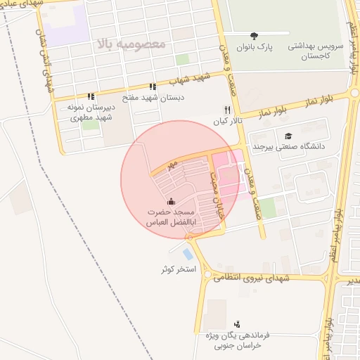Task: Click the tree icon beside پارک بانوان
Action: click(254, 35)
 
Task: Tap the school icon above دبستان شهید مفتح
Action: click(153, 86)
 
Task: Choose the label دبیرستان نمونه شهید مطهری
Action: click(90, 113)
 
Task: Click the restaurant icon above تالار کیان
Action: click(226, 110)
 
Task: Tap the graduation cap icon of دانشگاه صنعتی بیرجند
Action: click(287, 136)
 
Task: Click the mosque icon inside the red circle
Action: click(172, 202)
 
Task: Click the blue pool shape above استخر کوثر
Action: click(186, 254)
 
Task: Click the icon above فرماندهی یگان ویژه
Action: click(237, 324)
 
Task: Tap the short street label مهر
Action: click(169, 166)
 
